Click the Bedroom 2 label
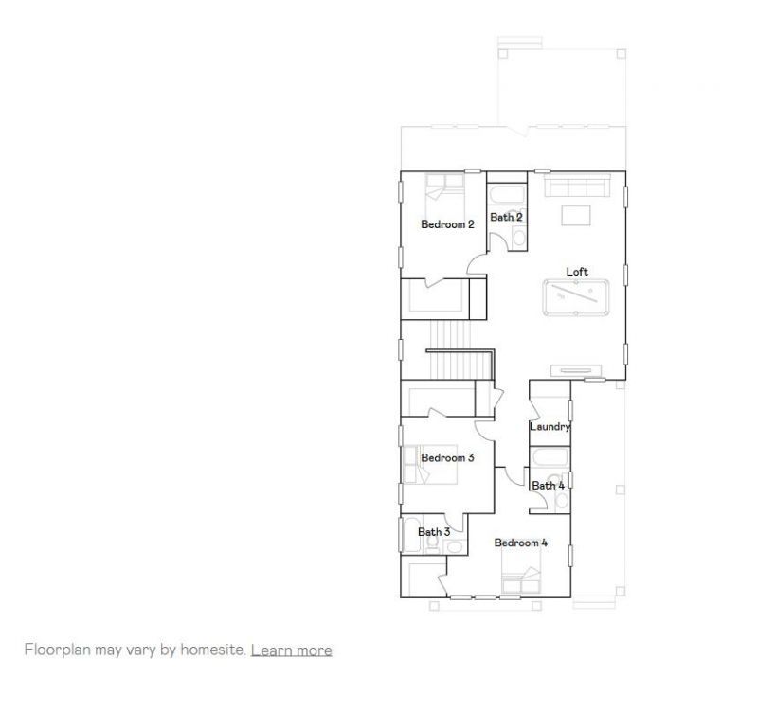click(x=447, y=224)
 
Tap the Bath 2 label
click(x=506, y=217)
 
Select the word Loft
click(x=577, y=272)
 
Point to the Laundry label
click(x=550, y=427)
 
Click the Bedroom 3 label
click(x=447, y=457)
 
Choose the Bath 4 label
click(x=548, y=486)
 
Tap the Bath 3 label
click(x=434, y=532)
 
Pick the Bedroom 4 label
click(x=520, y=543)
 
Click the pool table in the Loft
click(x=577, y=299)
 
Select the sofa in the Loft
click(x=577, y=184)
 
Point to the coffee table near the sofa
click(x=576, y=215)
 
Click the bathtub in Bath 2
click(x=507, y=197)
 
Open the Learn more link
click(x=291, y=650)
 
